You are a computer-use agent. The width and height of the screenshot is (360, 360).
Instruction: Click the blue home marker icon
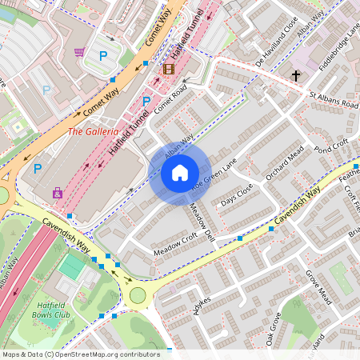180,172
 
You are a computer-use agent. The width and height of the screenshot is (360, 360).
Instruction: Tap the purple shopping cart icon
79,52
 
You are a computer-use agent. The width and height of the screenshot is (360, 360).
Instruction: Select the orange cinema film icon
168,69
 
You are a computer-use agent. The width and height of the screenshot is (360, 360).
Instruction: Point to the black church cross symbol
295,76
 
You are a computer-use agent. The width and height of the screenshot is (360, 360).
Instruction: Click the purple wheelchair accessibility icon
57,193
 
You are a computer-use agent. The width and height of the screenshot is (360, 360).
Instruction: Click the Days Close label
237,194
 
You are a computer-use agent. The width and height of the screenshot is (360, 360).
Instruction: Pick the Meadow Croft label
174,246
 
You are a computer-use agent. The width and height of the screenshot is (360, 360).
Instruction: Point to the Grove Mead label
318,286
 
